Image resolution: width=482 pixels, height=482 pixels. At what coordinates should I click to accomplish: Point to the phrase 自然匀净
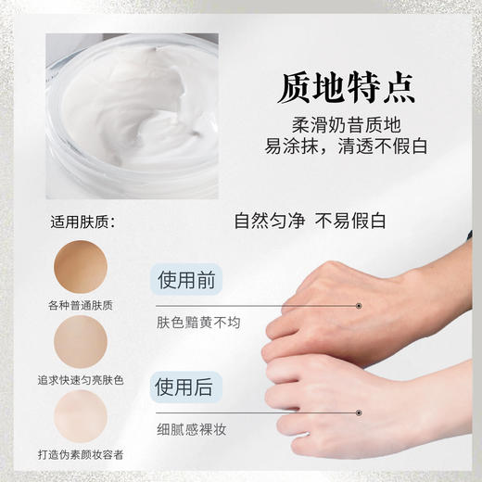pos(270,222)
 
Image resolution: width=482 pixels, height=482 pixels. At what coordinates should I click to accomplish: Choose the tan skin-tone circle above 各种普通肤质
pos(81,266)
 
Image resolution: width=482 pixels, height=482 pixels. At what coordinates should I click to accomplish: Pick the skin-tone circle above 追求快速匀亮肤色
pos(81,342)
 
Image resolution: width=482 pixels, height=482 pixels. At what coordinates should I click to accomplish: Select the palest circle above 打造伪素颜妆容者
pos(81,414)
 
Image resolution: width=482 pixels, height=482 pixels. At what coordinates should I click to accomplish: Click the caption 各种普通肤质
pos(81,305)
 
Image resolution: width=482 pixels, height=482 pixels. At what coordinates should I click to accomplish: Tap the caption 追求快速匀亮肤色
pos(81,380)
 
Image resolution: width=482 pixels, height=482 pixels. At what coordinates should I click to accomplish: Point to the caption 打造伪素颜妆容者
pos(81,453)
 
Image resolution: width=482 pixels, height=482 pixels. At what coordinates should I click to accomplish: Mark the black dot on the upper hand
pos(359,304)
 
